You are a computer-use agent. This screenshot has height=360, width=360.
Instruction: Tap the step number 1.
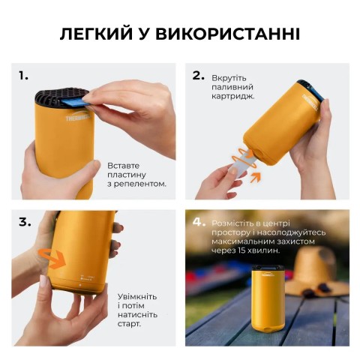click(24, 75)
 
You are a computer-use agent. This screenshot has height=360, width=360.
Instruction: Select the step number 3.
click(25, 222)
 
